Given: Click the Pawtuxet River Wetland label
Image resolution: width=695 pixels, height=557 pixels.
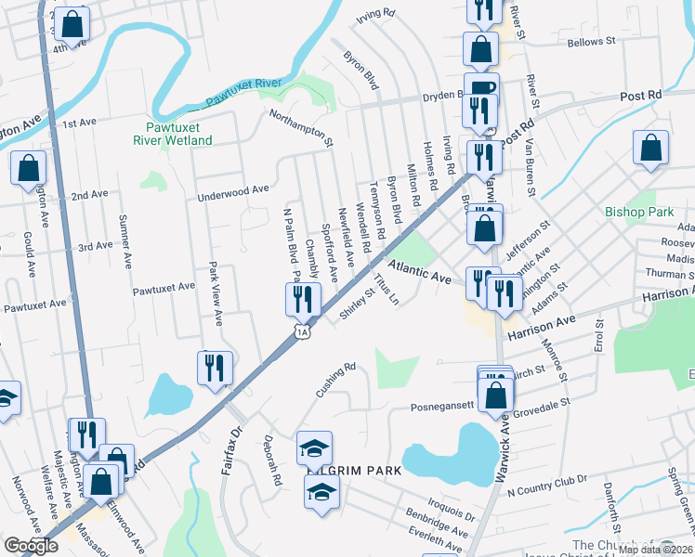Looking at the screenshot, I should tap(178, 134).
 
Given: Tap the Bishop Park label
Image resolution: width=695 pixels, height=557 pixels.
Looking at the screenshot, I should tap(638, 212).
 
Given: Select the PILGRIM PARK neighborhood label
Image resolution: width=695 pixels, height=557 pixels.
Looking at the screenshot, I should tap(355, 471).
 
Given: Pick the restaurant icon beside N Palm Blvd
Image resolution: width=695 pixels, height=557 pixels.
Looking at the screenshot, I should tap(303, 299).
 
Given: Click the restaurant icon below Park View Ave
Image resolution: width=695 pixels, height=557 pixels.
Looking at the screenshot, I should tap(214, 367).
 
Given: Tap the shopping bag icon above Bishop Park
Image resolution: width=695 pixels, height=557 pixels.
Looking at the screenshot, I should tap(650, 148).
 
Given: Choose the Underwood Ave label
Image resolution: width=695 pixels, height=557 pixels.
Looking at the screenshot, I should tap(232, 192).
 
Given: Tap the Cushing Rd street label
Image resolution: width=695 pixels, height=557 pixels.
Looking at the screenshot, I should tap(335, 380).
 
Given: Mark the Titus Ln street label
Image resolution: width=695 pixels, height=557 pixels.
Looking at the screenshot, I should tap(387, 289).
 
